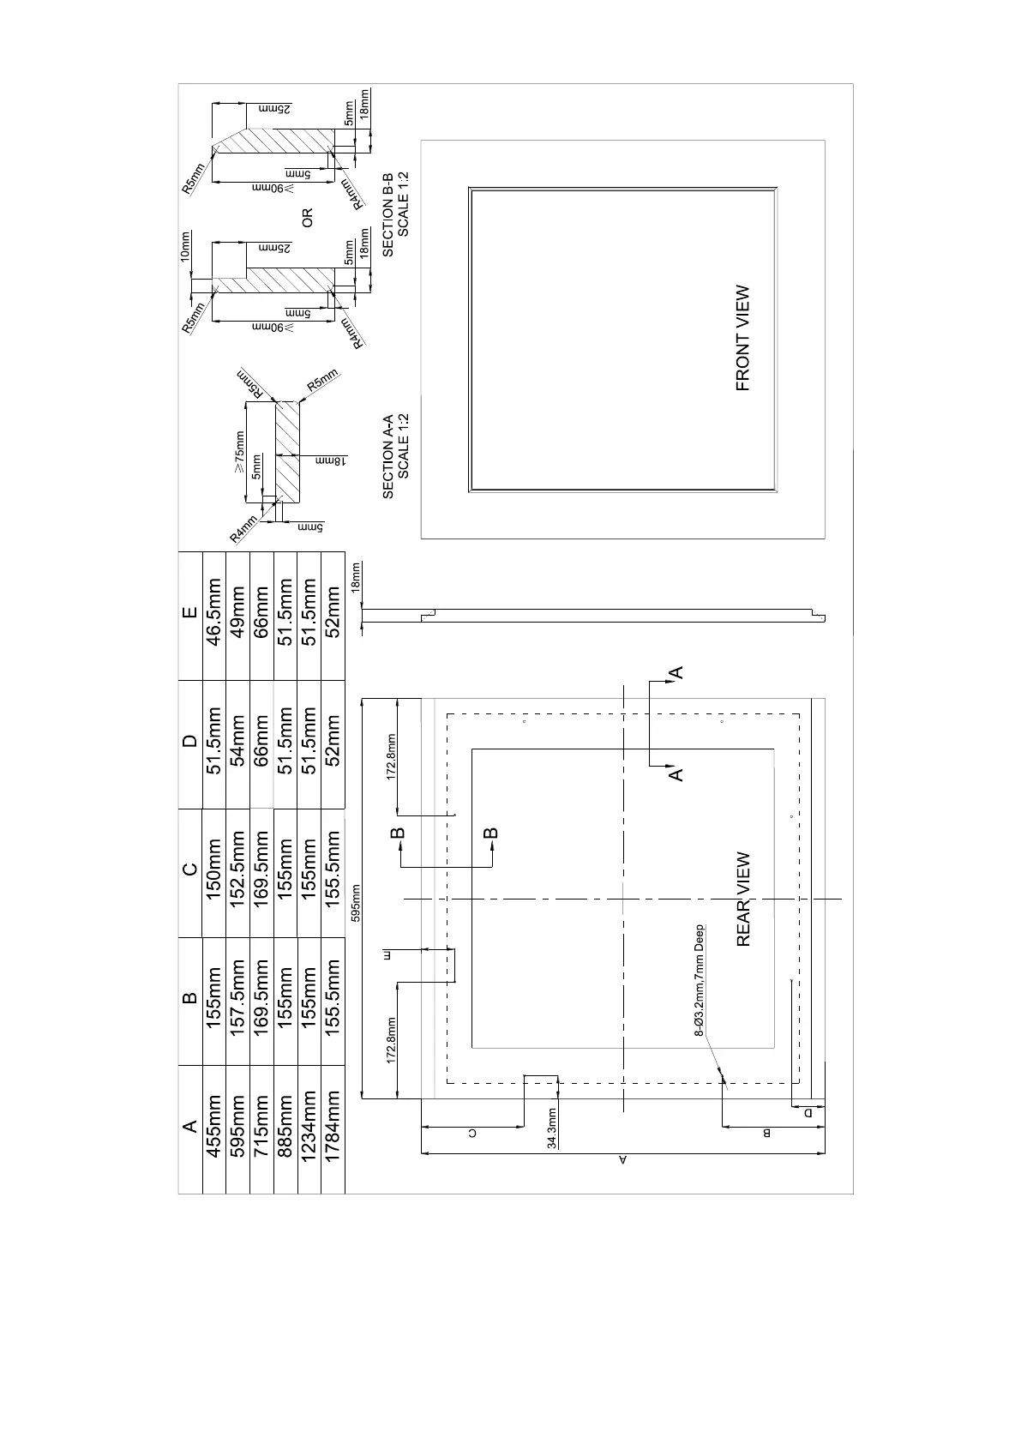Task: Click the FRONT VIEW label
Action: [743, 338]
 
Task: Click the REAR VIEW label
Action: [743, 899]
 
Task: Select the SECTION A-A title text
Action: [387, 456]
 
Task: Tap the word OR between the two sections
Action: [308, 218]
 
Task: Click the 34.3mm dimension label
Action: [552, 1127]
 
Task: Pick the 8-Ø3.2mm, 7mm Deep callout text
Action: [700, 980]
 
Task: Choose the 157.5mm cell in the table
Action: [238, 999]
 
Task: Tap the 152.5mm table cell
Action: [238, 871]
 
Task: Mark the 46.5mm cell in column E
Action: [214, 615]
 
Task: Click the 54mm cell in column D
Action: [238, 743]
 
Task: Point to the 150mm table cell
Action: [214, 871]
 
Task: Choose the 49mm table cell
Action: [238, 615]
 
